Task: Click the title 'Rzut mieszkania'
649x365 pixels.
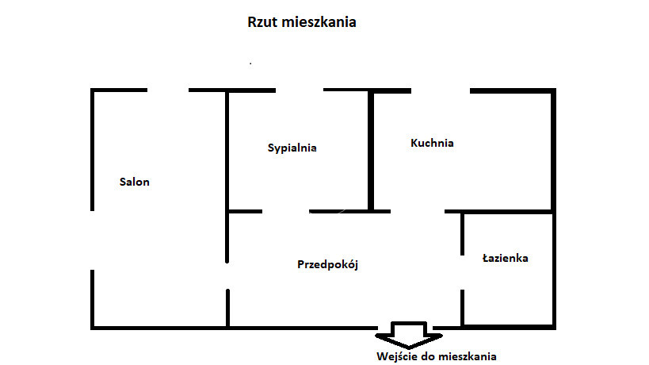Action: (x=302, y=22)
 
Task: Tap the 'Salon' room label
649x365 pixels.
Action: (x=135, y=182)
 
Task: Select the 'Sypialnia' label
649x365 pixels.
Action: (x=292, y=148)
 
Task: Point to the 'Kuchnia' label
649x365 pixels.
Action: (x=432, y=143)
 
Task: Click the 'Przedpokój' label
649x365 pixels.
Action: (x=327, y=264)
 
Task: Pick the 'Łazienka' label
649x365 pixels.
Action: (x=506, y=258)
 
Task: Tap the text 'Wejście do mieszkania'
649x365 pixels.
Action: (x=437, y=356)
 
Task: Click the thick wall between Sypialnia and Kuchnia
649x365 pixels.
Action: (x=371, y=151)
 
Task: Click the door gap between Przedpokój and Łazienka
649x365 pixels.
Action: (x=462, y=273)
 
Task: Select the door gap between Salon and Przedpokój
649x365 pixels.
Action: (x=227, y=276)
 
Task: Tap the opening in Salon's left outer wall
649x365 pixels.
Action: (x=92, y=240)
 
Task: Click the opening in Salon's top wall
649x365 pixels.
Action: (x=168, y=90)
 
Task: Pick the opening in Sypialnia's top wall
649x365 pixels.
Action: (x=300, y=90)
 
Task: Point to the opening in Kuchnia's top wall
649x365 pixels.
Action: (x=441, y=90)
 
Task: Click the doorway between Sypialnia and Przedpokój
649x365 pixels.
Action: (x=285, y=212)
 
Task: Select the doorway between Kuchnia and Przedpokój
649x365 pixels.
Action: (x=418, y=212)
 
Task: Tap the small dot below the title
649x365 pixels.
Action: (x=250, y=63)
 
